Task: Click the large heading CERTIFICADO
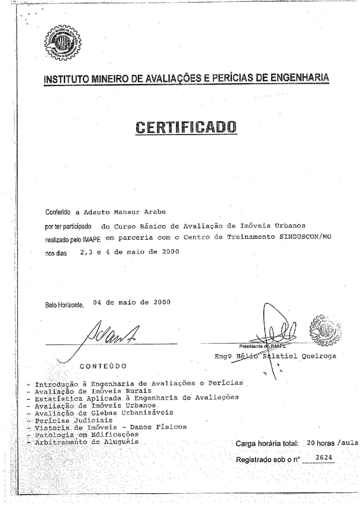(x=186, y=126)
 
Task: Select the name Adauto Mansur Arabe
(x=110, y=211)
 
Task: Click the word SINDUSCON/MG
(x=306, y=237)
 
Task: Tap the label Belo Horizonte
(x=65, y=305)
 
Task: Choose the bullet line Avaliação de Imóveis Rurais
(x=87, y=391)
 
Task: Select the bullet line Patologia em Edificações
(x=87, y=434)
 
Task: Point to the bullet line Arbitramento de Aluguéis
(x=87, y=442)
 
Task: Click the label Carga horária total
(x=267, y=444)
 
